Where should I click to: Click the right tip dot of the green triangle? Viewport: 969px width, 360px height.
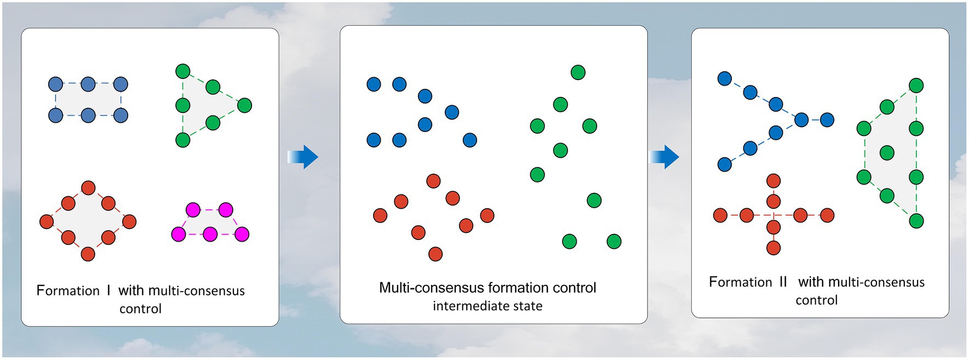coord(245,105)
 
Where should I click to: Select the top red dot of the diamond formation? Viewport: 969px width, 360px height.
coord(88,187)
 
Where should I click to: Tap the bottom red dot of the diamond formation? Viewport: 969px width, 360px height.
coord(88,254)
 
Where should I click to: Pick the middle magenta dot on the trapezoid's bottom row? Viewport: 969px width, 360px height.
coord(210,235)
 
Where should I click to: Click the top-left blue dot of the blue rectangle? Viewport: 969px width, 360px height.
coord(56,84)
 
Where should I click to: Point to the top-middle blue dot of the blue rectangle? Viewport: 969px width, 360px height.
coord(88,84)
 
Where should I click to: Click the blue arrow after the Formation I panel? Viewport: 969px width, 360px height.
coord(303,157)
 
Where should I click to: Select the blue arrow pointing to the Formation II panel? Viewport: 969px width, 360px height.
coord(664,157)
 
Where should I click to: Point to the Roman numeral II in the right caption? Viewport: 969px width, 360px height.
coord(783,282)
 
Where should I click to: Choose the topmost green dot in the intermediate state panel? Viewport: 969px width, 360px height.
coord(578,72)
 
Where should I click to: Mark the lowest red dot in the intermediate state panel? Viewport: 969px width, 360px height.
coord(435,254)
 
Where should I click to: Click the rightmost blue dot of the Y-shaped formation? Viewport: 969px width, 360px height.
coord(827,119)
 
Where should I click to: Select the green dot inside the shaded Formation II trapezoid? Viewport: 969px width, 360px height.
coord(887,153)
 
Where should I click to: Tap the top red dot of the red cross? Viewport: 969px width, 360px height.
coord(773,181)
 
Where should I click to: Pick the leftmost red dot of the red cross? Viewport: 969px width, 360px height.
coord(720,215)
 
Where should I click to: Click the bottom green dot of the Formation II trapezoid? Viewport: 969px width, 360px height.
coord(916,221)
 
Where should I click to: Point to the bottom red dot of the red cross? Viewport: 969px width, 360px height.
coord(773,248)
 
